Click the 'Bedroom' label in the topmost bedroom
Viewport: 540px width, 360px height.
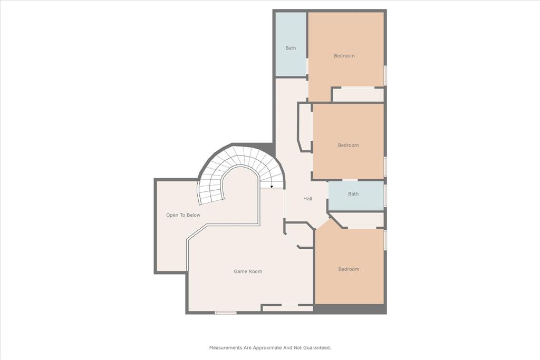coord(344,56)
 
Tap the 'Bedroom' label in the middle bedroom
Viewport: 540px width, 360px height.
coord(348,145)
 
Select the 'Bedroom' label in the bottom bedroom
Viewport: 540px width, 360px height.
coord(349,269)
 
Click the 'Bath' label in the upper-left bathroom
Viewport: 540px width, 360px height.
coord(291,48)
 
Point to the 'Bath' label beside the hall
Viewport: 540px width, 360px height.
coord(353,194)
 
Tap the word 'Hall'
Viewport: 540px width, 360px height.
coord(307,199)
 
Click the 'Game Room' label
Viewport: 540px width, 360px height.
coord(248,271)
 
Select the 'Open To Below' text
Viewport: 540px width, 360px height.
coord(183,215)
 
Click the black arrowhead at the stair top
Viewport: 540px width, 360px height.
coord(272,187)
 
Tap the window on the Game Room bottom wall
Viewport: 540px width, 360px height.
coord(225,313)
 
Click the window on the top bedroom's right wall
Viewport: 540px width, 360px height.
coord(385,75)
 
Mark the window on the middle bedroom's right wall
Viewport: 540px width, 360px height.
coord(385,166)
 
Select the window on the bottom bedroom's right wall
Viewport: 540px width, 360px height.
coord(385,240)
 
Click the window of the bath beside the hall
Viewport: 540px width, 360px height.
coord(385,196)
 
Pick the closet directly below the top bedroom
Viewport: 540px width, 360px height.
coord(358,95)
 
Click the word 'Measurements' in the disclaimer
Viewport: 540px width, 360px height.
coord(226,348)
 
